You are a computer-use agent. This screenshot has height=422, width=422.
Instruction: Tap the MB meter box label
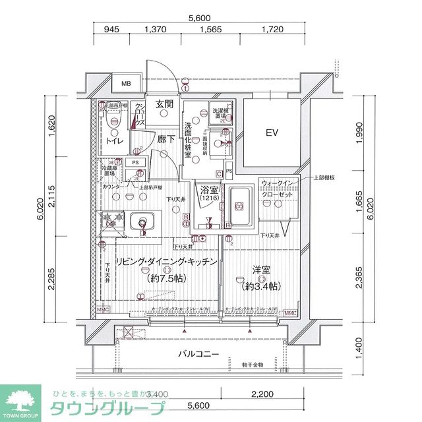(126, 84)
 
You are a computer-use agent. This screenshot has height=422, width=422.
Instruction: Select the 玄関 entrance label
(164, 104)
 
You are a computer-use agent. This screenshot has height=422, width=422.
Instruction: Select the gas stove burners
(107, 220)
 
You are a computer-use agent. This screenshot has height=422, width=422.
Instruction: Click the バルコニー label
(198, 354)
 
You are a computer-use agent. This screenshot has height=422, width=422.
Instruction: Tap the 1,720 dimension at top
(272, 30)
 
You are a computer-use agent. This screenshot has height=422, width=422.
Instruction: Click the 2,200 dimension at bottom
(262, 394)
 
